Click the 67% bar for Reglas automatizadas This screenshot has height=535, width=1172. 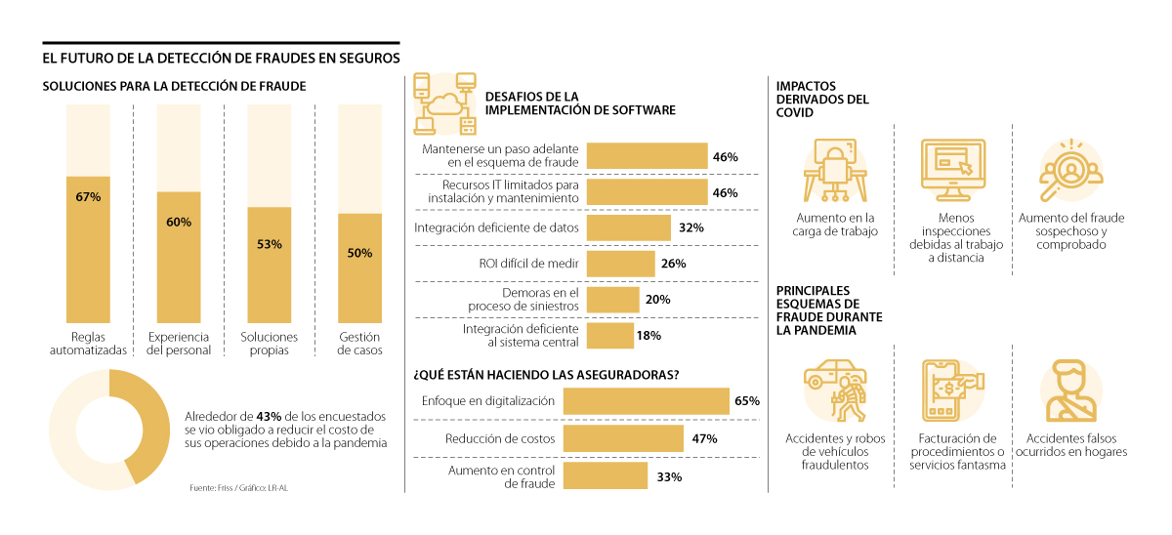pyautogui.click(x=88, y=249)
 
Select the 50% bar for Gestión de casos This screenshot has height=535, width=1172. pyautogui.click(x=359, y=268)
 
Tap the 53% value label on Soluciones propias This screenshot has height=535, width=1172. pyautogui.click(x=270, y=244)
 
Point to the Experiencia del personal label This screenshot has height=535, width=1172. pyautogui.click(x=179, y=344)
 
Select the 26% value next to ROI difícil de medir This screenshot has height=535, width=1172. pyautogui.click(x=674, y=264)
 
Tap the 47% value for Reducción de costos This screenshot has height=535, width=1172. pyautogui.click(x=704, y=439)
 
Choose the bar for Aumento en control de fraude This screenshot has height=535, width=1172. pyautogui.click(x=606, y=476)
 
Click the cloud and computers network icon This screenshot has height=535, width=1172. pyautogui.click(x=444, y=103)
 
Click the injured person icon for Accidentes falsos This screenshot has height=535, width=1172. pyautogui.click(x=1068, y=391)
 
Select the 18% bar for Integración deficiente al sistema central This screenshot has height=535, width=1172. pyautogui.click(x=610, y=336)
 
